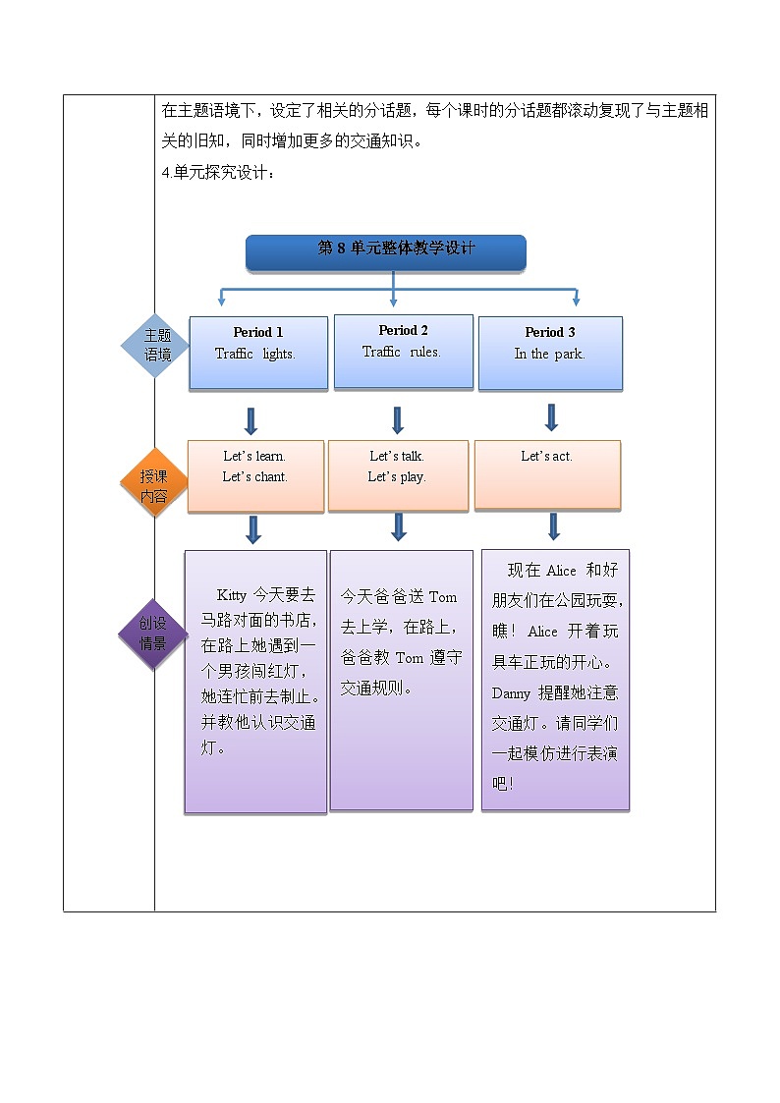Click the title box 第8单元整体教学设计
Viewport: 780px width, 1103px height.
coord(385,251)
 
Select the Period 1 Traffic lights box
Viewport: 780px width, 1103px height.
coord(257,353)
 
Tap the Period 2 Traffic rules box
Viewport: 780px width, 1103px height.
coord(403,351)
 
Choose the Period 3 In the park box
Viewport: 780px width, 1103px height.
coord(550,353)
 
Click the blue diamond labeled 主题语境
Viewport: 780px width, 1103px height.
coord(157,345)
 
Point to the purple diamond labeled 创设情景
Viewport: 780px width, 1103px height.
coord(152,634)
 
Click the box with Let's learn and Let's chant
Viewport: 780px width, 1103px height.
coord(255,475)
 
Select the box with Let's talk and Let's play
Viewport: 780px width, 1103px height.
coord(398,475)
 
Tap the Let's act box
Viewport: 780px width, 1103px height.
coord(547,474)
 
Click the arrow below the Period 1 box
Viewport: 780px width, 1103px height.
coord(251,420)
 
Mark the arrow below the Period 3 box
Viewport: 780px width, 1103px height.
coord(551,417)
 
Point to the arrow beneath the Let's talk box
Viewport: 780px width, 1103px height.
coord(398,526)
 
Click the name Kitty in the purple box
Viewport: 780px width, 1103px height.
coord(232,595)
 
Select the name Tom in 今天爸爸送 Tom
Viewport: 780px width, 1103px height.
coord(442,597)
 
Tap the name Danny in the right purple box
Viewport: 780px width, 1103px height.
coord(511,692)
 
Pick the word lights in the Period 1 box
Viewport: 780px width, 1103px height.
coord(278,354)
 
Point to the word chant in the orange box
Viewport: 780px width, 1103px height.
coord(270,476)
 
